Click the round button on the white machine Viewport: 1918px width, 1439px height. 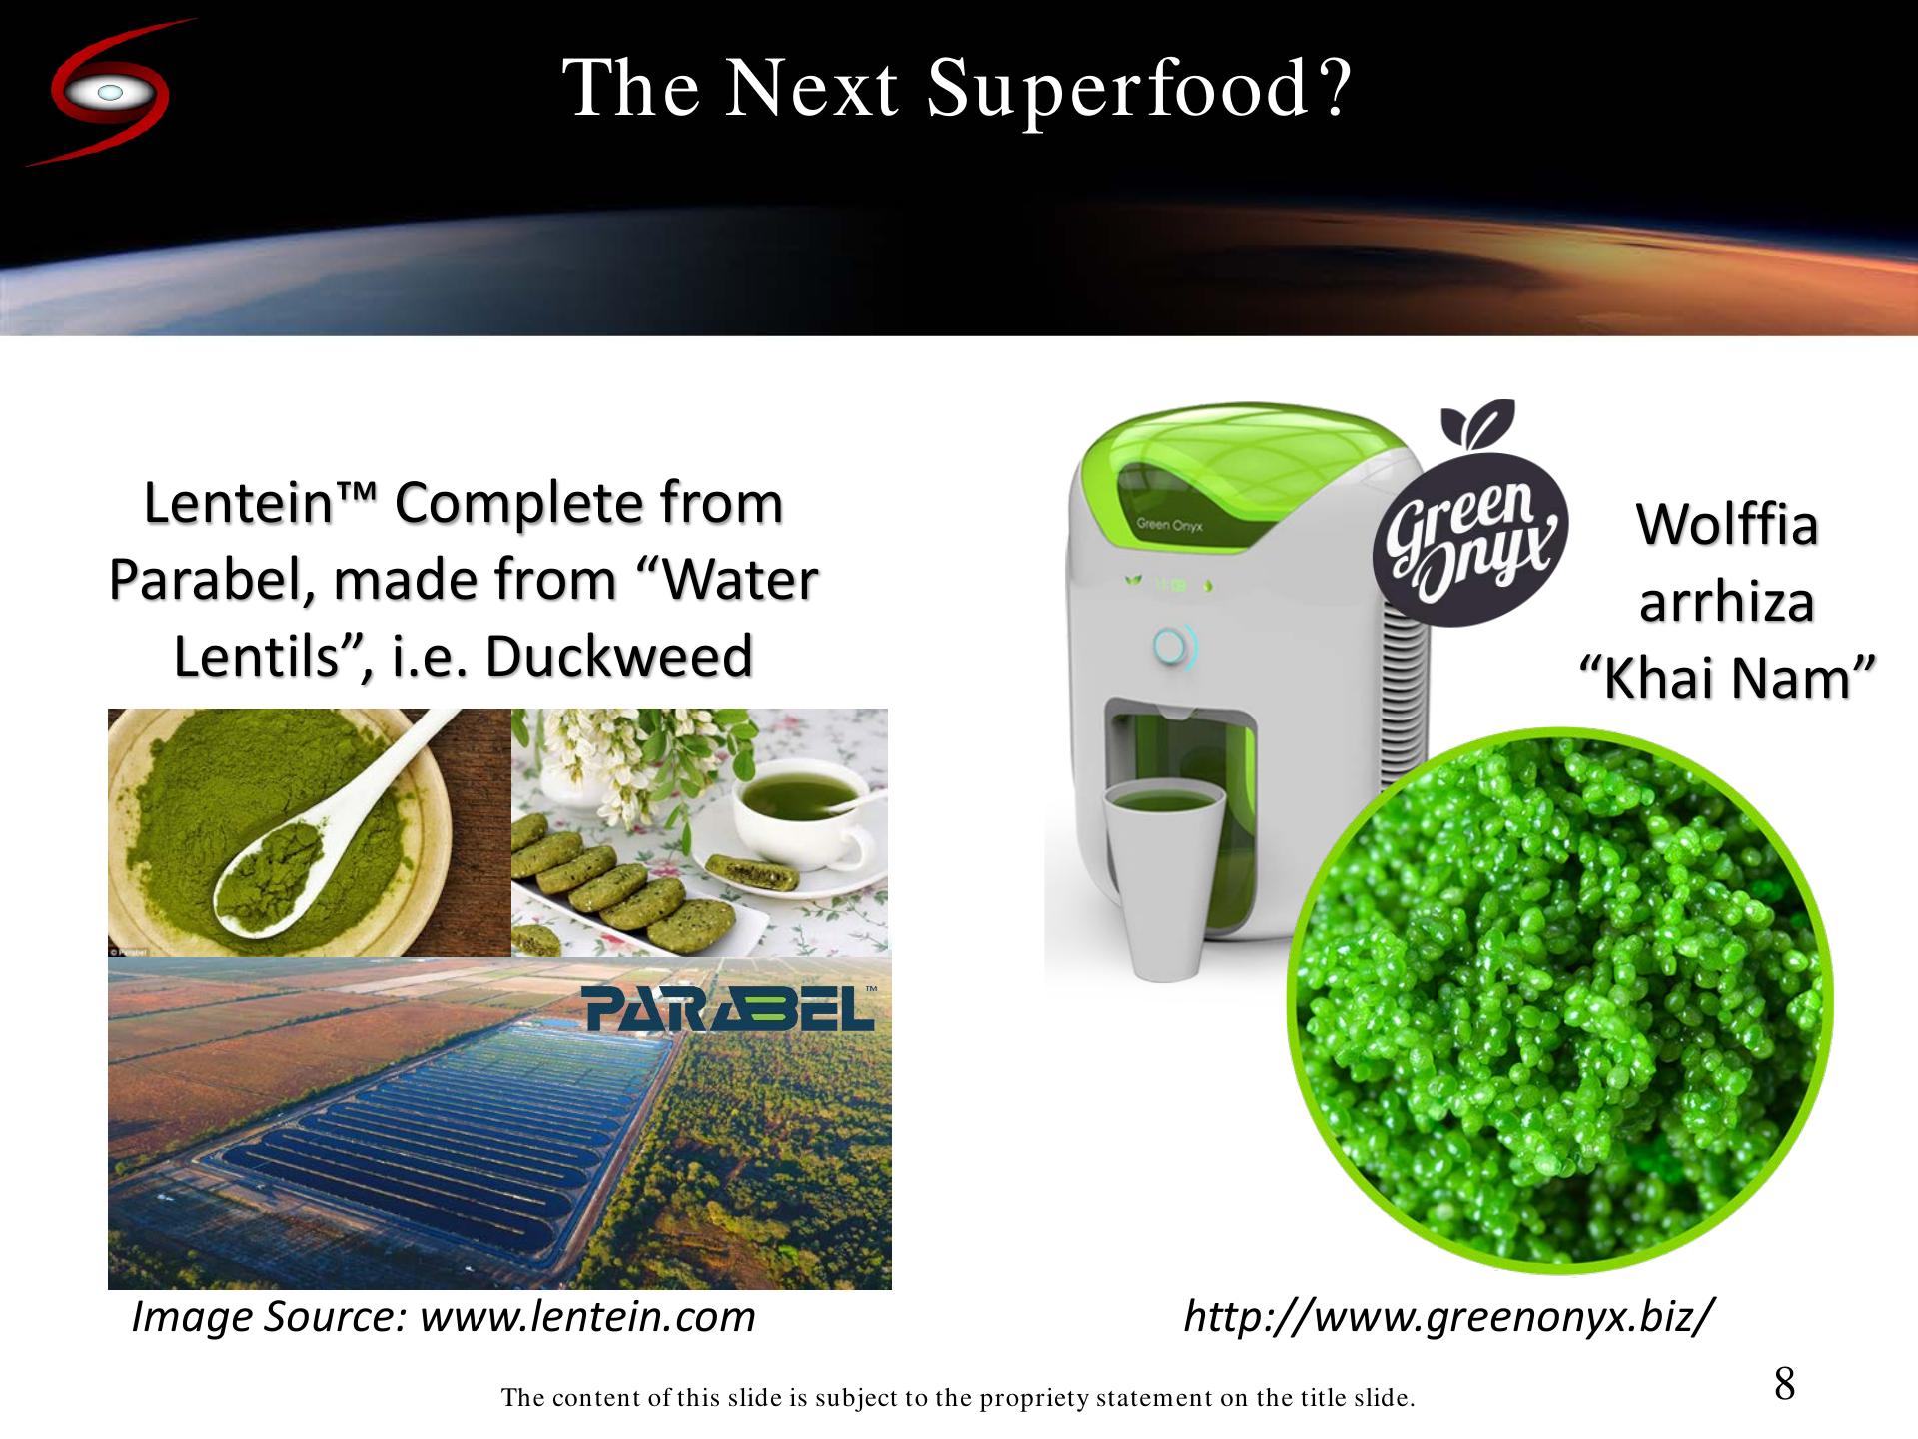click(x=1169, y=646)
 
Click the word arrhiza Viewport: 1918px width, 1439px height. click(x=1727, y=601)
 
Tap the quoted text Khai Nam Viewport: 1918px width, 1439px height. click(x=1727, y=678)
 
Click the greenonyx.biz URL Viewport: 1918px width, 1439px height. click(x=1449, y=1316)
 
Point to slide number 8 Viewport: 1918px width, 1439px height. click(x=1784, y=1385)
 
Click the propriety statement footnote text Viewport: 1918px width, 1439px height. click(x=958, y=1397)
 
